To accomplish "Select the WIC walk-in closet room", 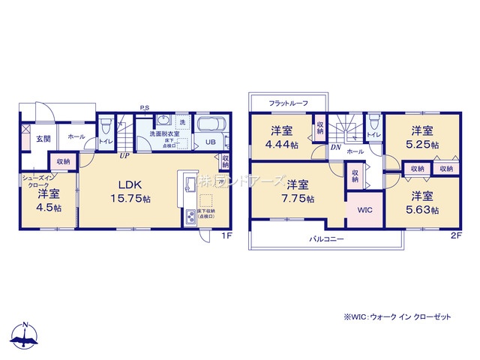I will [x=364, y=209].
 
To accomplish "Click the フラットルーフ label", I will [x=288, y=103].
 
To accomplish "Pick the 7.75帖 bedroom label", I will [x=298, y=191].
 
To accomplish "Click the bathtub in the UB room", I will [x=213, y=124].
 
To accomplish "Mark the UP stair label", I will [x=122, y=156].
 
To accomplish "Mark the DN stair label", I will [x=334, y=148].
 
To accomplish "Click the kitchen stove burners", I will [x=190, y=217].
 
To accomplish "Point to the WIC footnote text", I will [x=398, y=317].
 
